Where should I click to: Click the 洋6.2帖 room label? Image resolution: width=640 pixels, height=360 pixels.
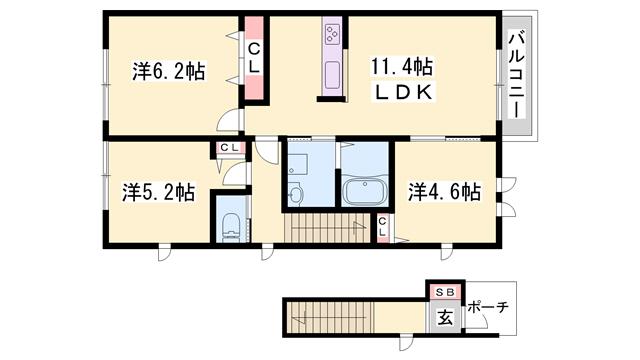pyautogui.click(x=168, y=71)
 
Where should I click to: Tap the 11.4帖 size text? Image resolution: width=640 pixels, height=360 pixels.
pyautogui.click(x=402, y=67)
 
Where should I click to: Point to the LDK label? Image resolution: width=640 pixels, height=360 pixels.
pyautogui.click(x=404, y=93)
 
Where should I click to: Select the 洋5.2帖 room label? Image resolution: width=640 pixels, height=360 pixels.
pyautogui.click(x=158, y=192)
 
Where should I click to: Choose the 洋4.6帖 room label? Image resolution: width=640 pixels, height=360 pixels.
pyautogui.click(x=444, y=191)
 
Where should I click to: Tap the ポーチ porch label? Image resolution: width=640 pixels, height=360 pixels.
pyautogui.click(x=488, y=306)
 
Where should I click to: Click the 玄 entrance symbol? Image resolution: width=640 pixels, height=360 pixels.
pyautogui.click(x=445, y=317)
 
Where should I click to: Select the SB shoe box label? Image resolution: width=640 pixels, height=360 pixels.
pyautogui.click(x=445, y=292)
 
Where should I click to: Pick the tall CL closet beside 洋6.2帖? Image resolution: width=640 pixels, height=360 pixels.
pyautogui.click(x=254, y=58)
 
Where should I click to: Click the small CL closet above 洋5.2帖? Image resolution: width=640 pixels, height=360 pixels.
pyautogui.click(x=229, y=147)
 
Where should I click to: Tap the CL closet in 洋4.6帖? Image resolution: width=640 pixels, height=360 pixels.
pyautogui.click(x=383, y=227)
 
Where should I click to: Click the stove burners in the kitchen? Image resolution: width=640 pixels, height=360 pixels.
pyautogui.click(x=332, y=33)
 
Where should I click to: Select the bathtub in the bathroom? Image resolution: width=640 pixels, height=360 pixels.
pyautogui.click(x=365, y=192)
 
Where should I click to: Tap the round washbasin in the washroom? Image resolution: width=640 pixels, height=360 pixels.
pyautogui.click(x=295, y=193)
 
